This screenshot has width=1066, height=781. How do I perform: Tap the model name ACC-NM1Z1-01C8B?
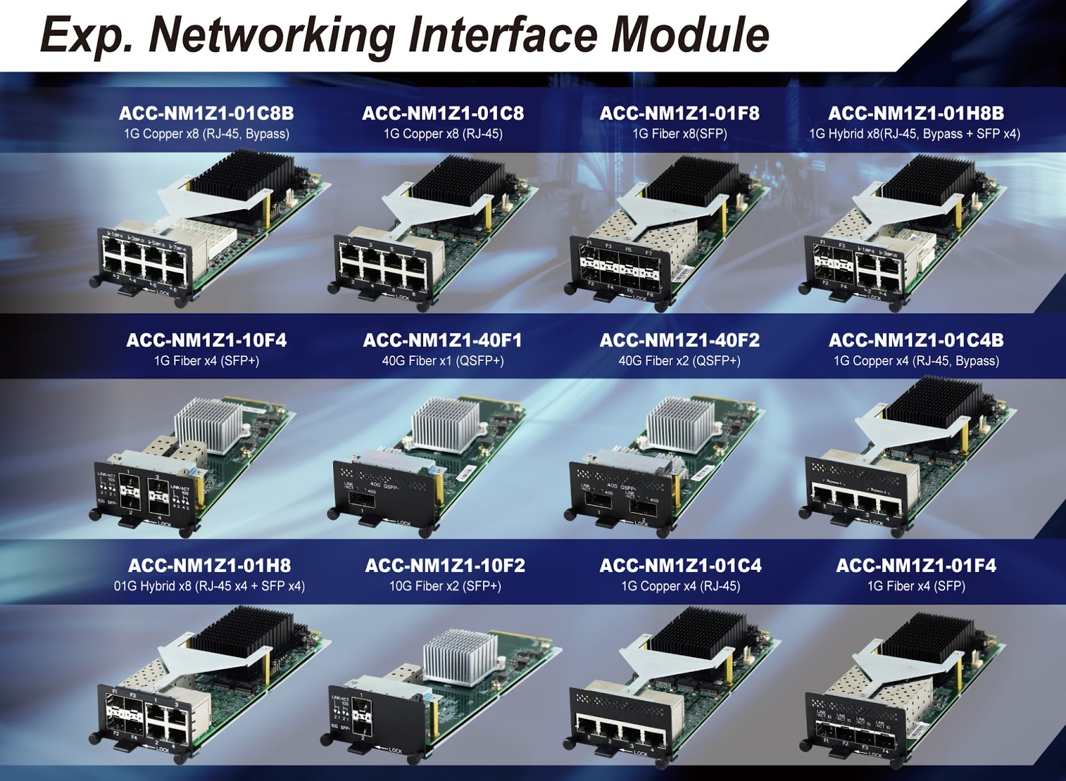click(x=206, y=113)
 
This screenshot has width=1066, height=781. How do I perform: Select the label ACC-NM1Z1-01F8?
click(x=679, y=113)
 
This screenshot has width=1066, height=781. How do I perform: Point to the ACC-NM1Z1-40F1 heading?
click(x=442, y=340)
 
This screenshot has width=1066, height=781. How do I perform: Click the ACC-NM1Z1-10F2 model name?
click(x=444, y=566)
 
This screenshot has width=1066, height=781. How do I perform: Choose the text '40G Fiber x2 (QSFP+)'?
click(x=679, y=361)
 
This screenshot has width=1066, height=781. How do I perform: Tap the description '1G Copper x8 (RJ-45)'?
click(x=442, y=134)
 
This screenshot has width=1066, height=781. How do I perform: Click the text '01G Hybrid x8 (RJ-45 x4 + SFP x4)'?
click(x=209, y=587)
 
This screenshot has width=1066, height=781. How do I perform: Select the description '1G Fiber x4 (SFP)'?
click(x=916, y=587)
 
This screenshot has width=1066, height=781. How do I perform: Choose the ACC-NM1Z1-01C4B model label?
click(x=915, y=340)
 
